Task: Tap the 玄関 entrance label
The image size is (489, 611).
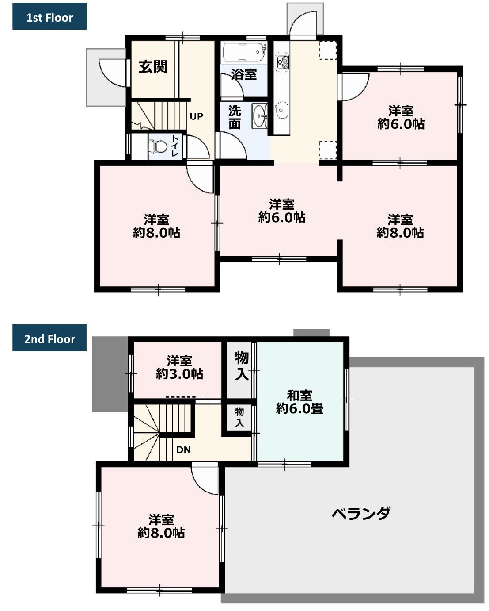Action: [x=153, y=67]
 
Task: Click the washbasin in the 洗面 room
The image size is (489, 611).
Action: [x=260, y=116]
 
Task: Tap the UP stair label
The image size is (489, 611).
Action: [x=196, y=116]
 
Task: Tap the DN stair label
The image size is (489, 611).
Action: [x=183, y=450]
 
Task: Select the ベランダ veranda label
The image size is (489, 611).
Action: [x=361, y=514]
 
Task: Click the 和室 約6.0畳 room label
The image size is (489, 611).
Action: [x=299, y=402]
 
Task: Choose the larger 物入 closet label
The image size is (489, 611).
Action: [x=241, y=366]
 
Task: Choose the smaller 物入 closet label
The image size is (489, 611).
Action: [x=239, y=417]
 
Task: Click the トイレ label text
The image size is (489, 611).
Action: [x=175, y=146]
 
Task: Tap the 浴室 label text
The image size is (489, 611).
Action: [x=244, y=74]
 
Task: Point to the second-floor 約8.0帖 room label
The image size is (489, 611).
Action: [x=161, y=526]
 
